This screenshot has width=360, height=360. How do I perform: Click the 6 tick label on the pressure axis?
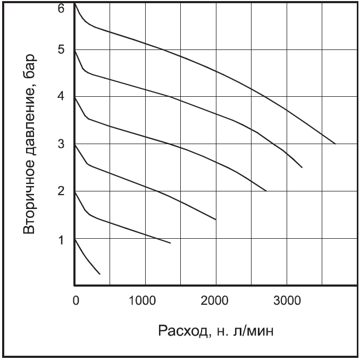(62, 9)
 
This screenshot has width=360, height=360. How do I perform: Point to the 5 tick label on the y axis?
(62, 50)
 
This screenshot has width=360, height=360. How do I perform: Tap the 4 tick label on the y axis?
(62, 97)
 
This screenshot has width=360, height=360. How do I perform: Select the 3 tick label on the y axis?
(62, 144)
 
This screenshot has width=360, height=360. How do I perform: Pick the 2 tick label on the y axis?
(62, 191)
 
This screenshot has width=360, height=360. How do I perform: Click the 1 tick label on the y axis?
(62, 239)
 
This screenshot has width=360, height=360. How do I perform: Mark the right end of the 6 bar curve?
(335, 144)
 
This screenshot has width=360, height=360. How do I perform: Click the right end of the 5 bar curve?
(302, 168)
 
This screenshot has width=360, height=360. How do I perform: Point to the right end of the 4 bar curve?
(266, 191)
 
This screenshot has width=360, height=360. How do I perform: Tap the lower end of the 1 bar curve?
(100, 274)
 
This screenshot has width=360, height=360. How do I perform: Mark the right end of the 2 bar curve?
(171, 244)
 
